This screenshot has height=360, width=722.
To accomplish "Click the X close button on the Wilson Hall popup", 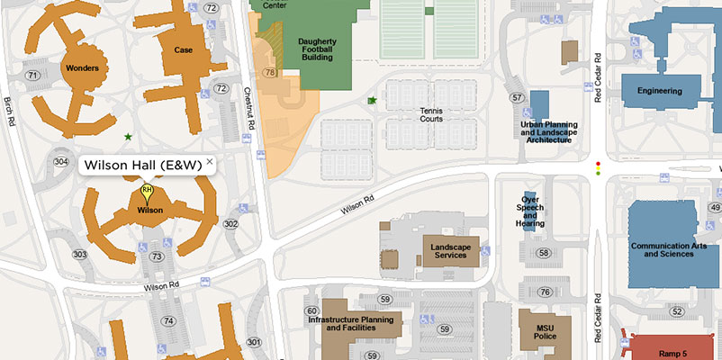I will click(x=210, y=161).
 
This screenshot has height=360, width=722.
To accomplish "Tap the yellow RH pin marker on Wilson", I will click(x=148, y=193).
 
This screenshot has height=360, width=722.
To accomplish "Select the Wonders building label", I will click(x=82, y=67).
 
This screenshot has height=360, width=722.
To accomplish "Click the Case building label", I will click(x=184, y=50).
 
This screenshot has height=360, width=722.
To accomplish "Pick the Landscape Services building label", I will click(x=451, y=251).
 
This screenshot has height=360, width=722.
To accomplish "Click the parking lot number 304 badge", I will click(x=61, y=162).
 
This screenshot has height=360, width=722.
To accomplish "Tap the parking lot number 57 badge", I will click(x=516, y=97).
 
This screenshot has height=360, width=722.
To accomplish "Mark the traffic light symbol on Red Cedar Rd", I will click(x=597, y=167).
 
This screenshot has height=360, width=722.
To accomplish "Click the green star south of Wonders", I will click(x=128, y=137).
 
